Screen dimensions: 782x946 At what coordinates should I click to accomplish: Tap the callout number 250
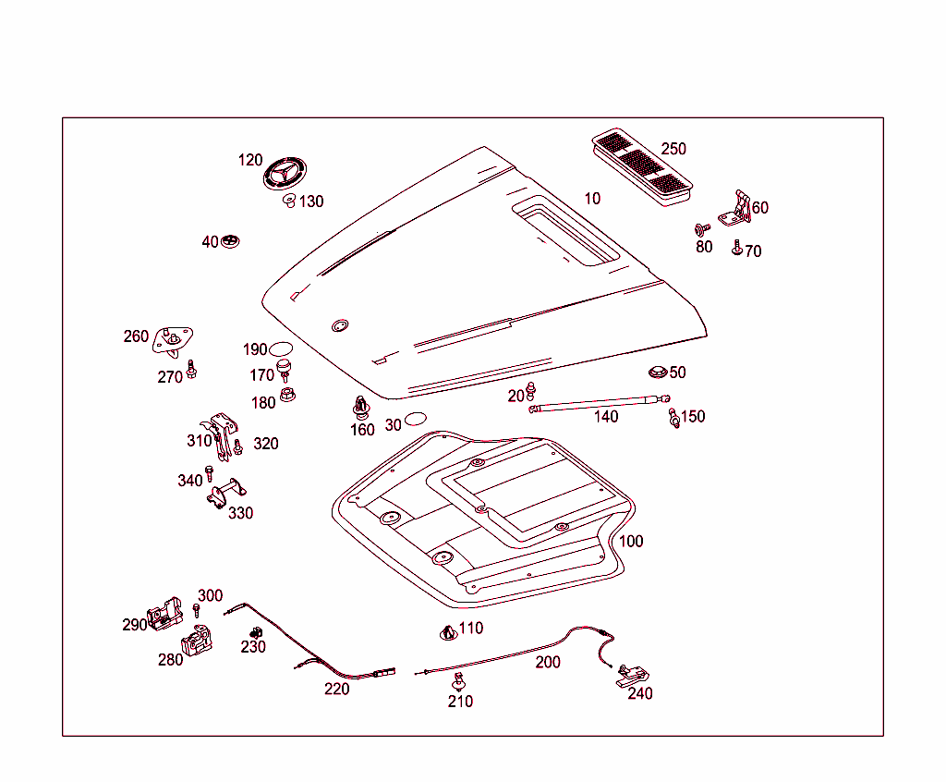[673, 149]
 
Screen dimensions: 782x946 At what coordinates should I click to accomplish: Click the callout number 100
[631, 541]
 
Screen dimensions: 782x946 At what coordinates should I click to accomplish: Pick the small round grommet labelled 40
[230, 242]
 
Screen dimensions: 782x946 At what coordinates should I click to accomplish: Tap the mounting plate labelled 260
[174, 340]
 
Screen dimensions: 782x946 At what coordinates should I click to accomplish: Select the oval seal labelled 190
[280, 348]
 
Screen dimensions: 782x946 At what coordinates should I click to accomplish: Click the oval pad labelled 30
[416, 421]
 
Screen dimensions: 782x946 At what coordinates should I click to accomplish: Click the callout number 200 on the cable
[548, 662]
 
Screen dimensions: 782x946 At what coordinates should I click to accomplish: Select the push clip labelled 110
[448, 633]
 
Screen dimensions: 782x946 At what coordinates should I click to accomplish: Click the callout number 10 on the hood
[592, 198]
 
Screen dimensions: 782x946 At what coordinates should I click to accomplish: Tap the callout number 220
[336, 689]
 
